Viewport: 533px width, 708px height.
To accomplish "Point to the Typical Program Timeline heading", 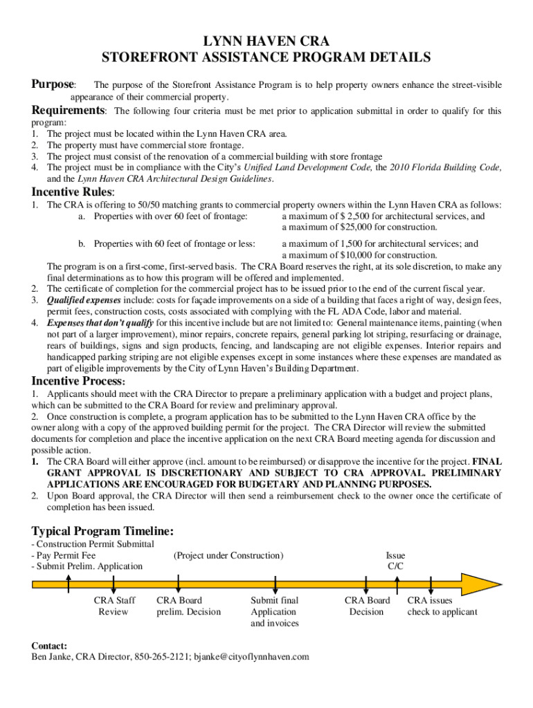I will coord(102,531).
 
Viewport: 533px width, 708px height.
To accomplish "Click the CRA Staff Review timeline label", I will coord(114,606).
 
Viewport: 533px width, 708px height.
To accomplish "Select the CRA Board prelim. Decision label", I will coord(188,606).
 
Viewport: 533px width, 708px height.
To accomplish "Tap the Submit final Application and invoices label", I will coord(274,612).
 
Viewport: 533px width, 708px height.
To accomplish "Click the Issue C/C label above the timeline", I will coord(395,561).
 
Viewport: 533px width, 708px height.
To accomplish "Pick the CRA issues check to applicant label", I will coord(442,606).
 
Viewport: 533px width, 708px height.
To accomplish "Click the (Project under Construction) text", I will coord(228,555).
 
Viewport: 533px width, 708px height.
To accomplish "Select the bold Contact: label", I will coord(49,645).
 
